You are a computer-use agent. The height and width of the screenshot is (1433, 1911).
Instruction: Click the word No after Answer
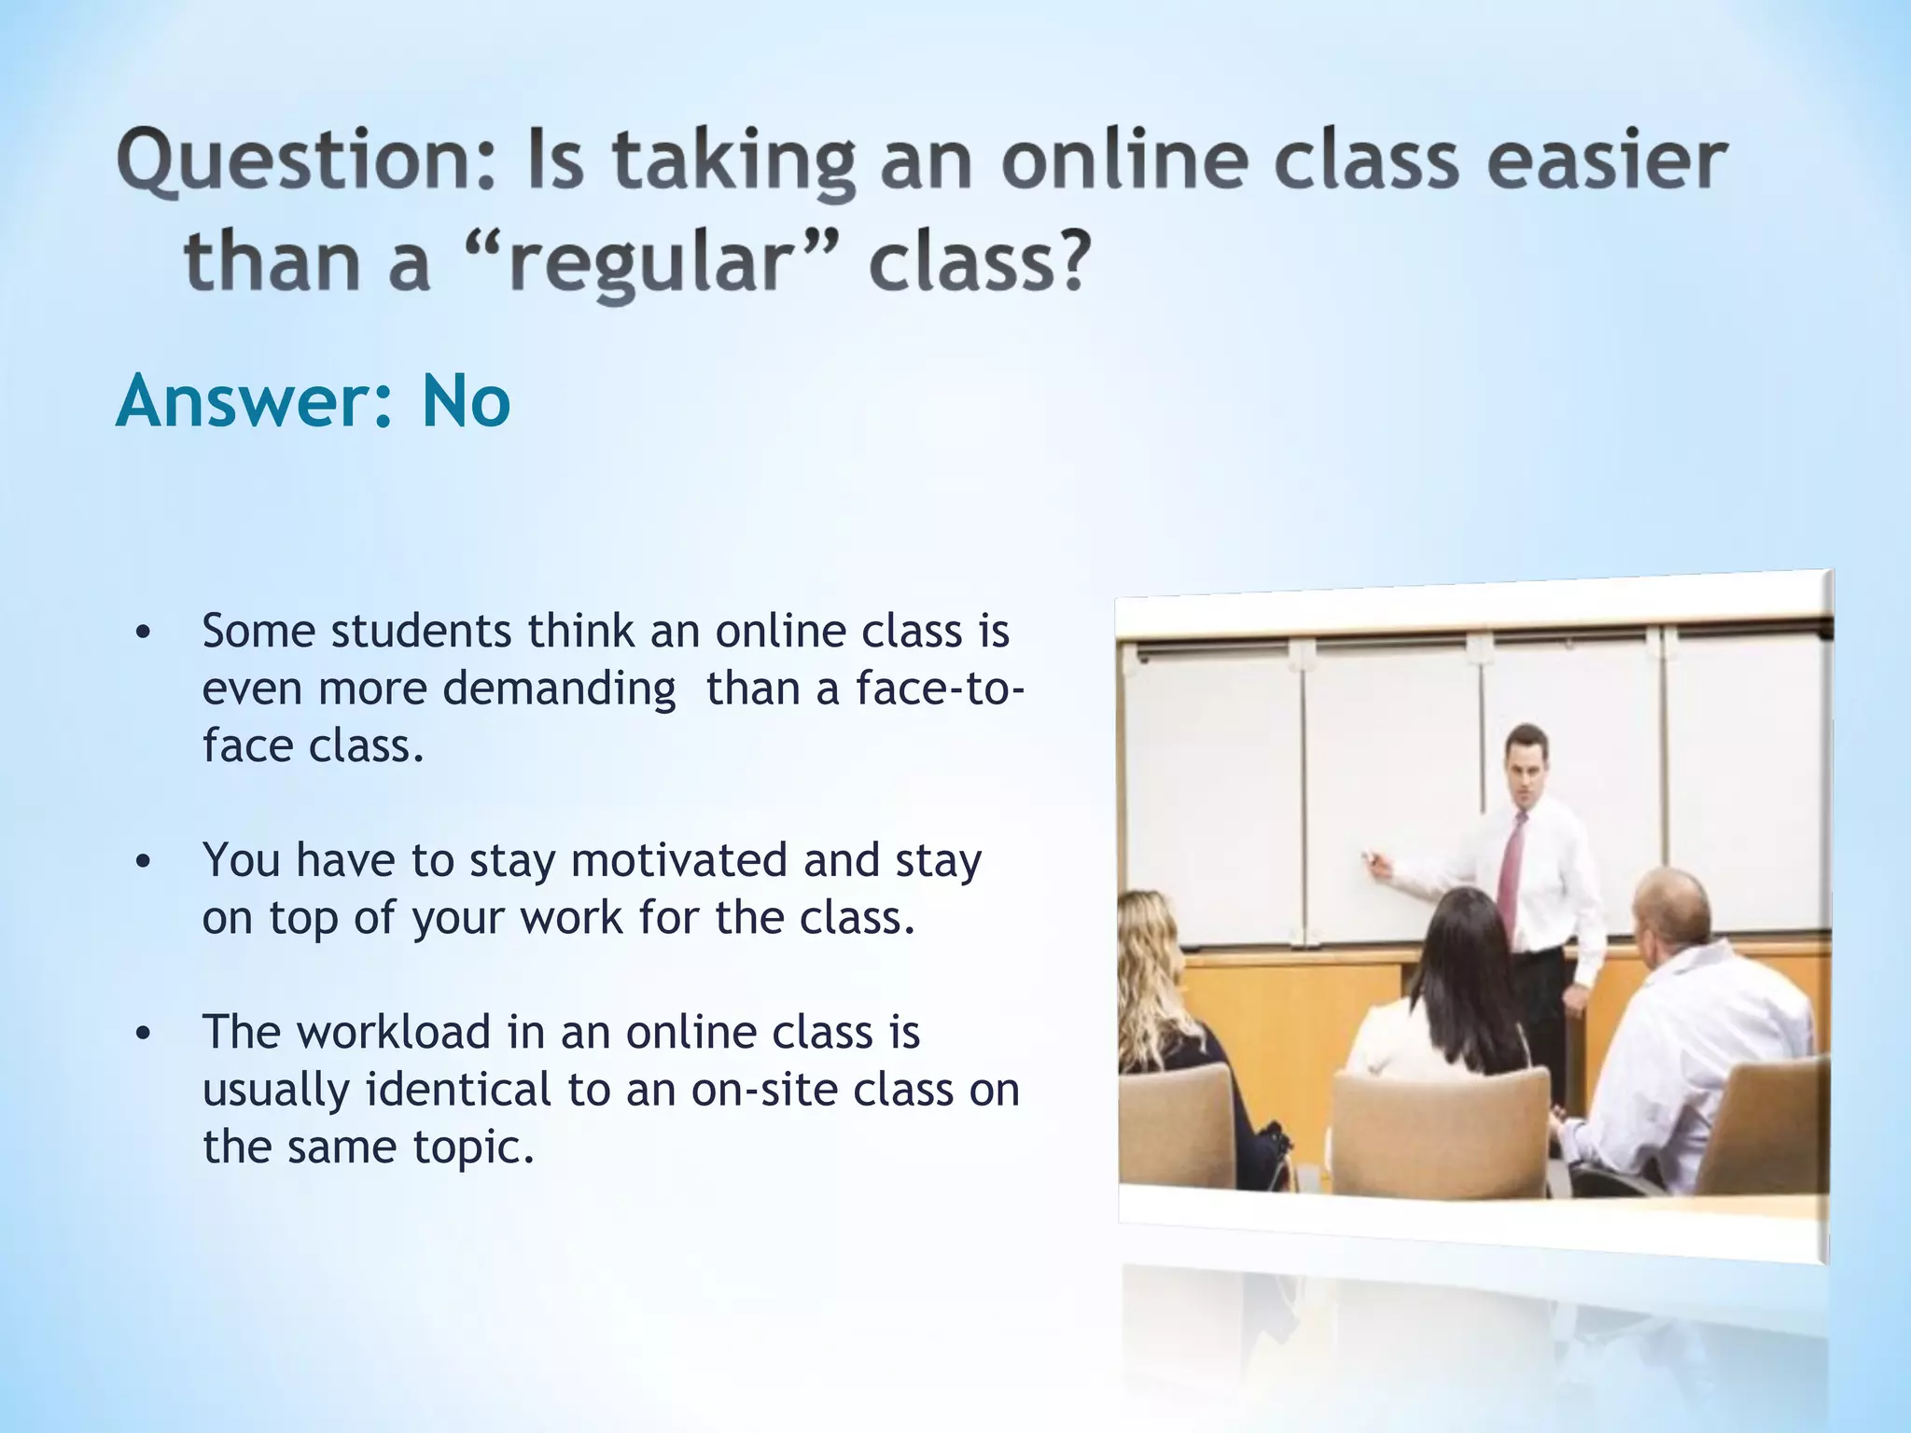click(466, 401)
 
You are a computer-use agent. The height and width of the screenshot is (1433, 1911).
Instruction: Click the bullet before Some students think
click(142, 633)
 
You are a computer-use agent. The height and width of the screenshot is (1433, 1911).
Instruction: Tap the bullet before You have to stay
click(142, 863)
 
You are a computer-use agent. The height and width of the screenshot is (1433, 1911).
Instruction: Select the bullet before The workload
click(142, 1035)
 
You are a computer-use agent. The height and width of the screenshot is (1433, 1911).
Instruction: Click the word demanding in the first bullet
click(559, 690)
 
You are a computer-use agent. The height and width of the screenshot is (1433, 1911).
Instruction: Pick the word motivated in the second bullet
click(679, 860)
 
